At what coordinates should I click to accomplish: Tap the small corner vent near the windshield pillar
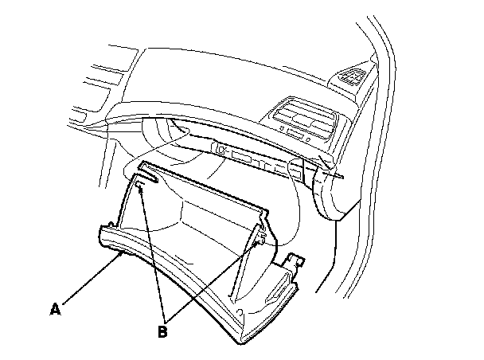[351, 76]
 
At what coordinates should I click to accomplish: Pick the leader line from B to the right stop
[211, 280]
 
